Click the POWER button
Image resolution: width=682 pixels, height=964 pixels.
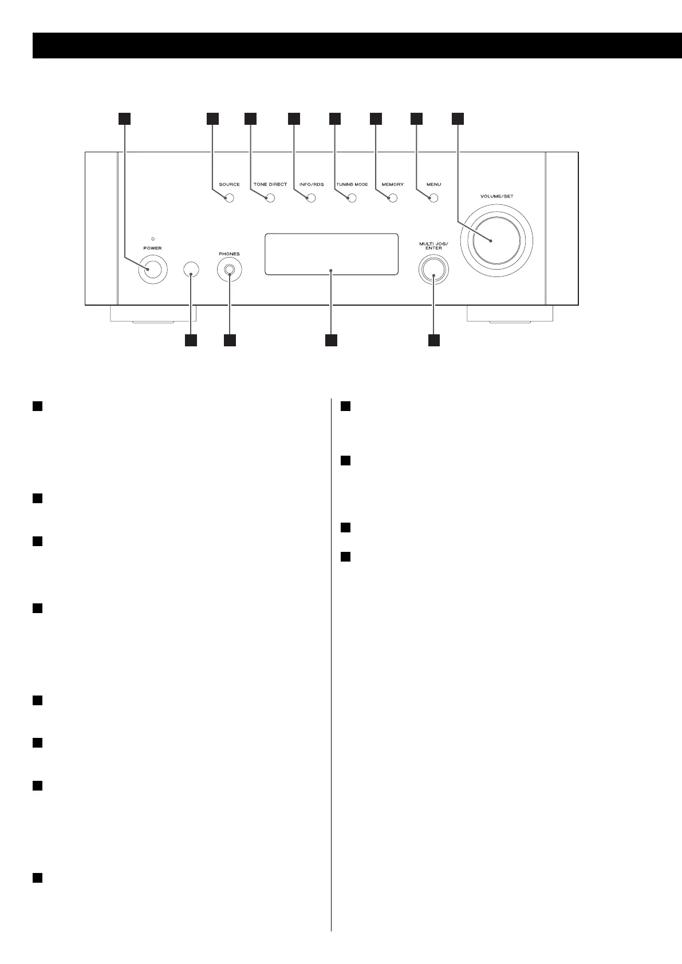pyautogui.click(x=152, y=270)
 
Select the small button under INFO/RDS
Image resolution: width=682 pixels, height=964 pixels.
pyautogui.click(x=311, y=199)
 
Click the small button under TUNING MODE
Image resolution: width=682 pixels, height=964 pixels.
pyautogui.click(x=352, y=199)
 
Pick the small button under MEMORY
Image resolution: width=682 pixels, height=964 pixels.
pyautogui.click(x=392, y=199)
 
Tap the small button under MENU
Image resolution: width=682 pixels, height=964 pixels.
pyautogui.click(x=433, y=199)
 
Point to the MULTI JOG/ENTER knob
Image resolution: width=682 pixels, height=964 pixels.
pyautogui.click(x=433, y=270)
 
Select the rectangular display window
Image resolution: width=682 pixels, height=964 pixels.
pyautogui.click(x=331, y=254)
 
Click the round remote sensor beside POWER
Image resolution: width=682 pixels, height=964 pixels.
pyautogui.click(x=191, y=270)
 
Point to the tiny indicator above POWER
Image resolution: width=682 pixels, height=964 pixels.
pyautogui.click(x=152, y=238)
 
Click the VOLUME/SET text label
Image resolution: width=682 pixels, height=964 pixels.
pyautogui.click(x=497, y=196)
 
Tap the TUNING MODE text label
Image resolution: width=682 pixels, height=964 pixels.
pyautogui.click(x=352, y=185)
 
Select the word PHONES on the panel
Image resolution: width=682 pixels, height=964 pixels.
pyautogui.click(x=229, y=254)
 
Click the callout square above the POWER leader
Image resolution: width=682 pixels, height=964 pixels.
pyautogui.click(x=124, y=118)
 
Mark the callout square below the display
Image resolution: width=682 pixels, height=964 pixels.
pyautogui.click(x=331, y=340)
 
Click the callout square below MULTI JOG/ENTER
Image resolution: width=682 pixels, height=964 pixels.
pyautogui.click(x=434, y=340)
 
